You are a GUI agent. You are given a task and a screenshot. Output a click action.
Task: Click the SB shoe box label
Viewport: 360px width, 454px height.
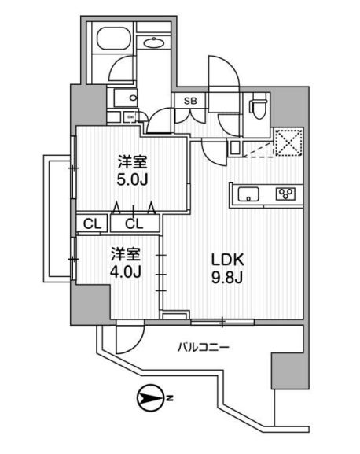[x=191, y=101]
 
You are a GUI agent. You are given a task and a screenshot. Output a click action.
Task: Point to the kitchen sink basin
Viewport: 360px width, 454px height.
[x=248, y=194]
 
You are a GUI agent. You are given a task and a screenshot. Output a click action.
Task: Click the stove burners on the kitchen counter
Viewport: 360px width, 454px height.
[x=285, y=194]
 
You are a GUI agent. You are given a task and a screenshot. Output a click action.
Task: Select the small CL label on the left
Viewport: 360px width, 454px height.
[x=93, y=223]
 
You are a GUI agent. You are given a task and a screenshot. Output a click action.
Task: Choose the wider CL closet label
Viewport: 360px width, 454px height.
[x=134, y=223]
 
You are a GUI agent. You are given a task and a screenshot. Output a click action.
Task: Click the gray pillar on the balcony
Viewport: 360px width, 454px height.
[x=286, y=370]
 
